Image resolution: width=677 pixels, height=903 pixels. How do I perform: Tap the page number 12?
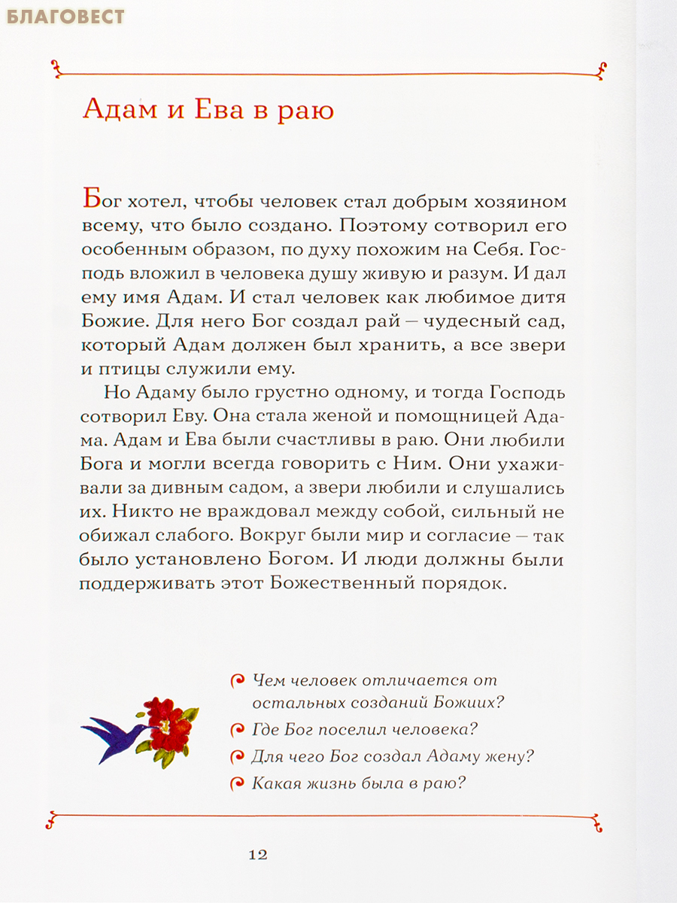[x=257, y=855]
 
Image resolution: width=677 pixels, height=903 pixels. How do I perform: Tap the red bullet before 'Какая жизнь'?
[x=237, y=783]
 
